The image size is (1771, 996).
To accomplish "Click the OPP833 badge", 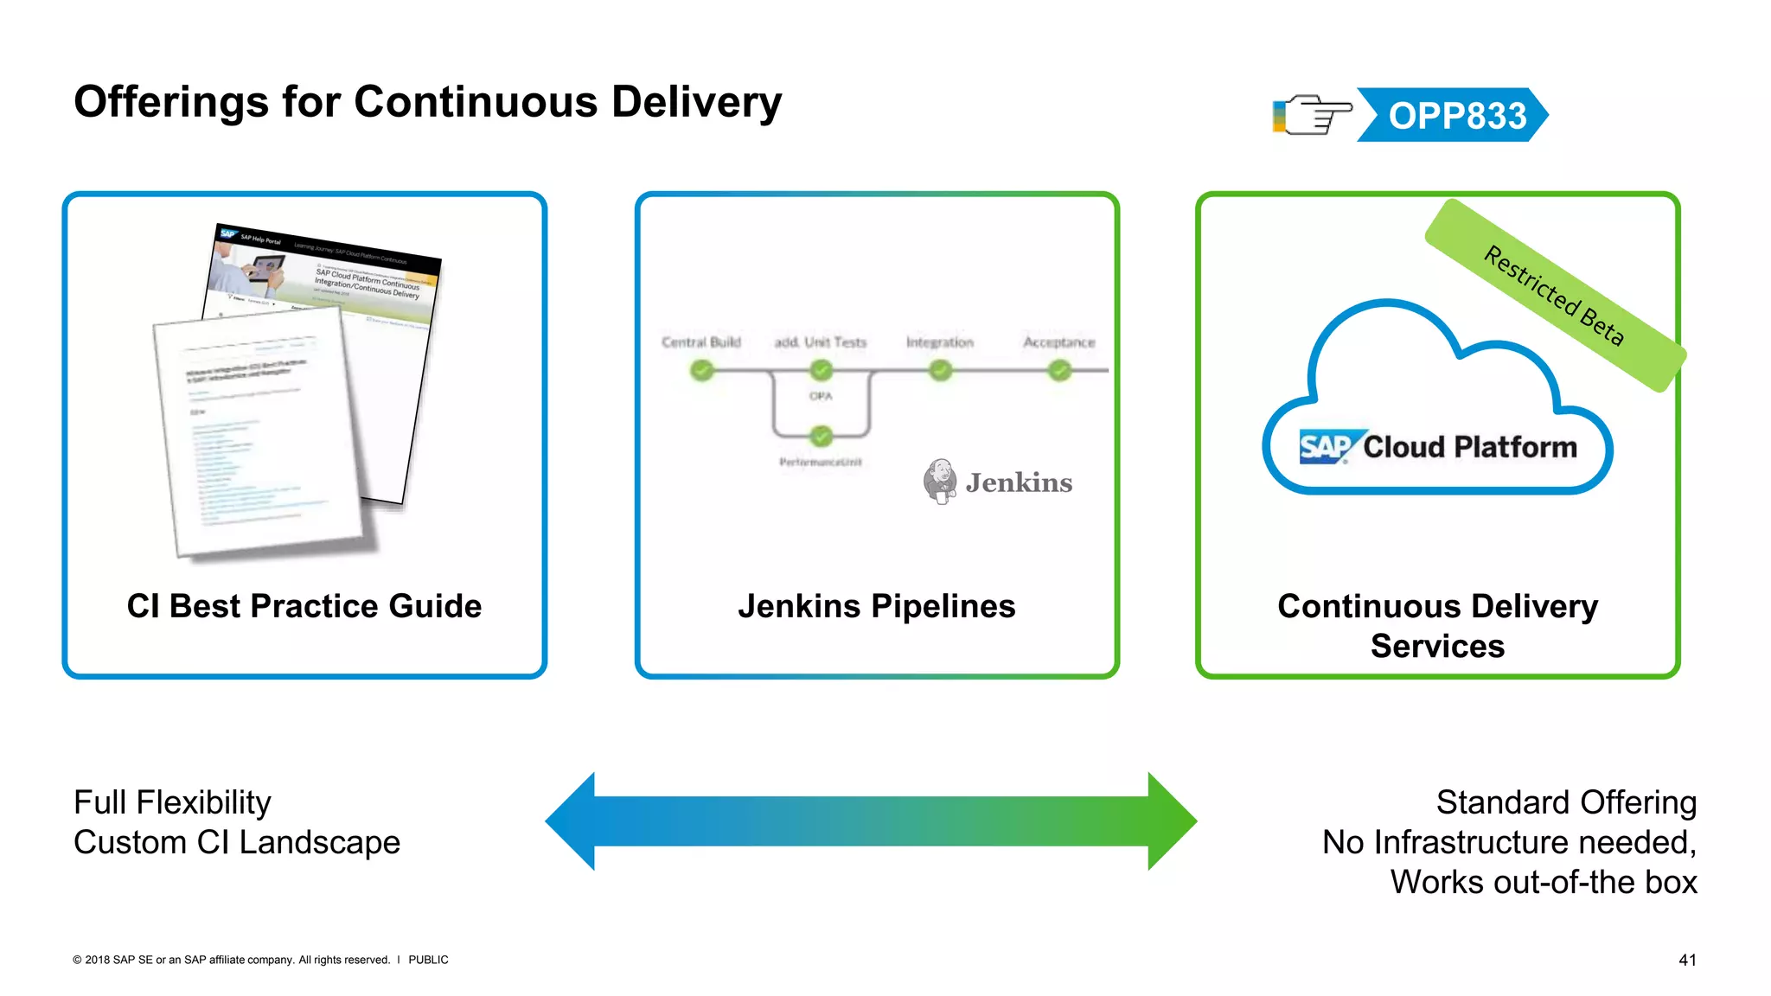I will (x=1456, y=115).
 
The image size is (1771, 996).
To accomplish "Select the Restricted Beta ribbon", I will (x=1555, y=296).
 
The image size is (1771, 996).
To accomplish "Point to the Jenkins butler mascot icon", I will (x=940, y=482).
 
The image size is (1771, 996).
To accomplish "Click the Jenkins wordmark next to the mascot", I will (x=1019, y=482).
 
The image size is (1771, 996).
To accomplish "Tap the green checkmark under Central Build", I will (x=701, y=371).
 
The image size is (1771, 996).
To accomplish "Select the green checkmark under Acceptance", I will (x=1059, y=371).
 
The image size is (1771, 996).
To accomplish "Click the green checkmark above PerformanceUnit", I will (x=821, y=436).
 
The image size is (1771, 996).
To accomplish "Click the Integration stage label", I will (x=939, y=342).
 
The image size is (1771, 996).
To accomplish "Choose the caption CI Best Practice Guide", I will (x=304, y=606).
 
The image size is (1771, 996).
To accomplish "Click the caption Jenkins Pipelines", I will (x=876, y=606).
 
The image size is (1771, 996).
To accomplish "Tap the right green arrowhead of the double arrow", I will (x=1172, y=820).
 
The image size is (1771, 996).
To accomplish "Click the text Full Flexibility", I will (x=172, y=802).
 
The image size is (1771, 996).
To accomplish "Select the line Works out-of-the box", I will (x=1543, y=882).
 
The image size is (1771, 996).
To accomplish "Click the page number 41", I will (x=1686, y=960).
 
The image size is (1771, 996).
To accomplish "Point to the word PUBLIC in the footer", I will (x=428, y=960).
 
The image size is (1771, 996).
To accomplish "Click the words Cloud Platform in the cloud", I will (x=1469, y=447).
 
